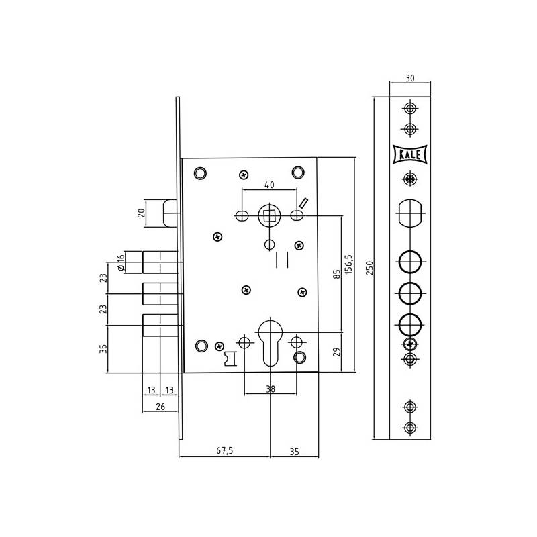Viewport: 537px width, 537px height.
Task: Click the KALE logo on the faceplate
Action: [410, 154]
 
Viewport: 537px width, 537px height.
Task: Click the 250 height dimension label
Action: [369, 268]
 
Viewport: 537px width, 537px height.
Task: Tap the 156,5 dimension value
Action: [348, 264]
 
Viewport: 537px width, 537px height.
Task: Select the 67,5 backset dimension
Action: [225, 450]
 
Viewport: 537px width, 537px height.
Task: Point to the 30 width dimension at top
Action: [410, 78]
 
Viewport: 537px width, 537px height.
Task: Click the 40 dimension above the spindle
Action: [270, 185]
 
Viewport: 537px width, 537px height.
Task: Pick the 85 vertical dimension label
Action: [337, 274]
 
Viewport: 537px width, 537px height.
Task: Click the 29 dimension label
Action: [337, 352]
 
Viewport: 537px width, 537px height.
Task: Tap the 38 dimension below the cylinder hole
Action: [271, 389]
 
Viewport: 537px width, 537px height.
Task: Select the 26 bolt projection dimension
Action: [160, 407]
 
